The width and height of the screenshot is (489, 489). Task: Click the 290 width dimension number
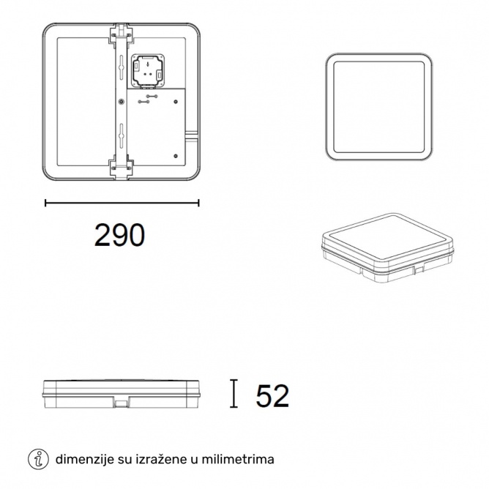pos(119,235)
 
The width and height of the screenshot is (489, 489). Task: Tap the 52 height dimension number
pos(272,396)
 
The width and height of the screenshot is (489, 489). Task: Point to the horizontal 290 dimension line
pos(122,203)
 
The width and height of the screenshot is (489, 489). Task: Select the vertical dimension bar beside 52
pos(234,394)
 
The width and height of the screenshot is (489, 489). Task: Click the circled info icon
pos(38,460)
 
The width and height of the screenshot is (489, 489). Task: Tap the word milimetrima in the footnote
pos(238,460)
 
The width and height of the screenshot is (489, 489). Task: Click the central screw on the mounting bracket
pos(121,101)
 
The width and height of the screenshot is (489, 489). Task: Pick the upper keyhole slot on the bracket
pos(122,64)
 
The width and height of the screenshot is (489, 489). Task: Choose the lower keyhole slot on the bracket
pos(122,133)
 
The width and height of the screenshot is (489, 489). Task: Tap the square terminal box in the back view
pos(148,70)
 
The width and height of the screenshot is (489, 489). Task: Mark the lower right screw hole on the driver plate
pos(176,156)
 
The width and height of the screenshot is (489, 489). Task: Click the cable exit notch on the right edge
pos(192,135)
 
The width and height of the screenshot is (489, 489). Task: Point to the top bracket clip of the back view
pos(121,33)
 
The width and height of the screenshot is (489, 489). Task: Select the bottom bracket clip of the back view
pos(121,170)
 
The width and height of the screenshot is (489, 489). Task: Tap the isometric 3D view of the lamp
pos(388,247)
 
